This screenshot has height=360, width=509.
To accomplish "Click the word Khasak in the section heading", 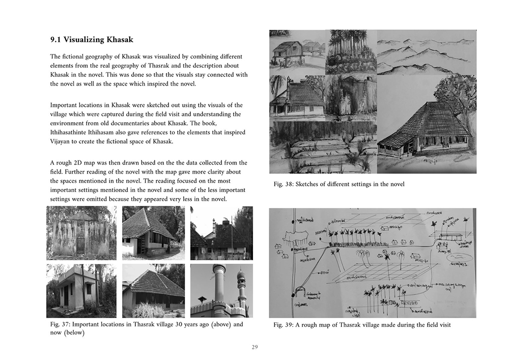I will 116,40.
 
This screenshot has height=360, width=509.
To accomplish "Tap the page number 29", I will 254,348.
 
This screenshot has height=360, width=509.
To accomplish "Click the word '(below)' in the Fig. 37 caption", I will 73,333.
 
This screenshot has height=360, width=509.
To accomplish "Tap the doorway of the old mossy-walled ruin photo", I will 80,245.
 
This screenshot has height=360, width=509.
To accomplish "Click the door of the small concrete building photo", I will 66,295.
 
